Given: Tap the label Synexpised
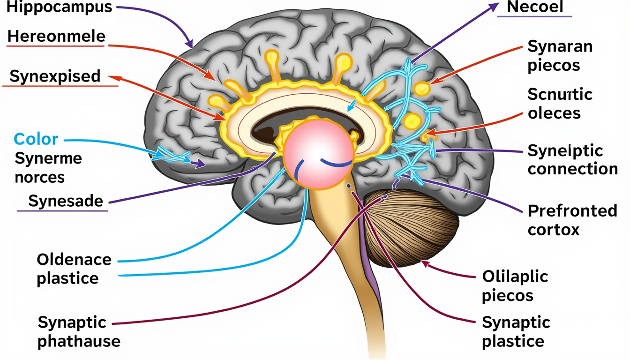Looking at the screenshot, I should tap(55, 76).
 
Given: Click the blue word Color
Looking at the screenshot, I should tap(36, 139).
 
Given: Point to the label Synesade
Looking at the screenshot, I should tap(65, 201).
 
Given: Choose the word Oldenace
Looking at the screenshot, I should tap(74, 259).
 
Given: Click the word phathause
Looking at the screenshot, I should tap(79, 341).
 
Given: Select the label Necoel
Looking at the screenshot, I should tap(535, 7).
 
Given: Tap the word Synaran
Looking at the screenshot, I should tap(560, 46).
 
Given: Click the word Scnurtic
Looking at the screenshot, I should tap(560, 94).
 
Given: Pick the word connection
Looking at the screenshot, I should tap(572, 169).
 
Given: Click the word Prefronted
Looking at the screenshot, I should tap(572, 211).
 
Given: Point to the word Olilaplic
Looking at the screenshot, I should tap(515, 276).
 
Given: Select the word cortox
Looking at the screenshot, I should tap(554, 230).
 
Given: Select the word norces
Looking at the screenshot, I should tap(39, 178).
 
